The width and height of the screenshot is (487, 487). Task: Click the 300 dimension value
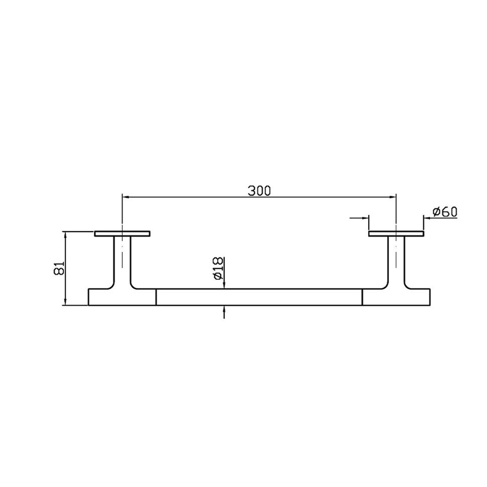click(259, 191)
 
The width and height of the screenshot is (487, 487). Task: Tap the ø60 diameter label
click(445, 212)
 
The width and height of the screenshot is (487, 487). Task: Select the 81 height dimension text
click(59, 268)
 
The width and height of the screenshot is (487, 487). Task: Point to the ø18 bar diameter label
click(218, 268)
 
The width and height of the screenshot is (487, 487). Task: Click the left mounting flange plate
click(122, 234)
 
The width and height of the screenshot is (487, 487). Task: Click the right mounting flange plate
click(396, 234)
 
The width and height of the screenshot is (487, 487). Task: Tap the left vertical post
click(122, 262)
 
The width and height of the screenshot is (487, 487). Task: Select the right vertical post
click(396, 262)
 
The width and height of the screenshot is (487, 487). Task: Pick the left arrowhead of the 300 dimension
click(126, 197)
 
